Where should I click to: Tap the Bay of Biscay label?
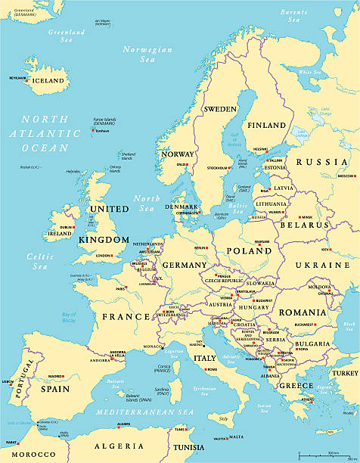pos(69,318)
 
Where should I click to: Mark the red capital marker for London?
pos(114,256)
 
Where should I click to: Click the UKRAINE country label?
pos(322,266)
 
